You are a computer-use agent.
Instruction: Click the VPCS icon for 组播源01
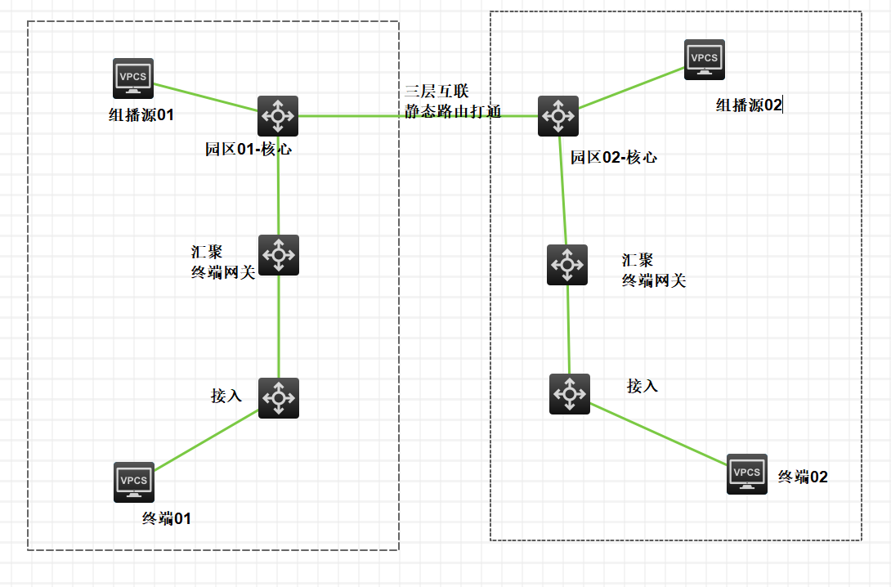133,78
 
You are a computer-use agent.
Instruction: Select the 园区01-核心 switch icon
278,116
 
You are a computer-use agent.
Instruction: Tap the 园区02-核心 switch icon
558,116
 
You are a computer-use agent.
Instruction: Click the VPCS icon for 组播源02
705,60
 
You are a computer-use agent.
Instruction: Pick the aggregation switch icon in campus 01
279,255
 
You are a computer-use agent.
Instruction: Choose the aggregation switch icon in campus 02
567,265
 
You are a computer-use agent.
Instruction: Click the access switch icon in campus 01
279,398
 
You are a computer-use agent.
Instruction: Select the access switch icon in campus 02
569,393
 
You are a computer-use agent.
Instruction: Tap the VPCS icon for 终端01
134,482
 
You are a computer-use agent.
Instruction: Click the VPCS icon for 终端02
747,474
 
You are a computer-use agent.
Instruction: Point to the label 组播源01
141,115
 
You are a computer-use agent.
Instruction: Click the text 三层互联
437,91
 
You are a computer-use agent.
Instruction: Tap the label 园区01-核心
248,150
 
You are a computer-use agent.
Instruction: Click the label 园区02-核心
614,158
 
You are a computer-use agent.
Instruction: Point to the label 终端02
803,477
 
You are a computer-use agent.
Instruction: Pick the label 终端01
166,518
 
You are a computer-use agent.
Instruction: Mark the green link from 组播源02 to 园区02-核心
631,88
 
